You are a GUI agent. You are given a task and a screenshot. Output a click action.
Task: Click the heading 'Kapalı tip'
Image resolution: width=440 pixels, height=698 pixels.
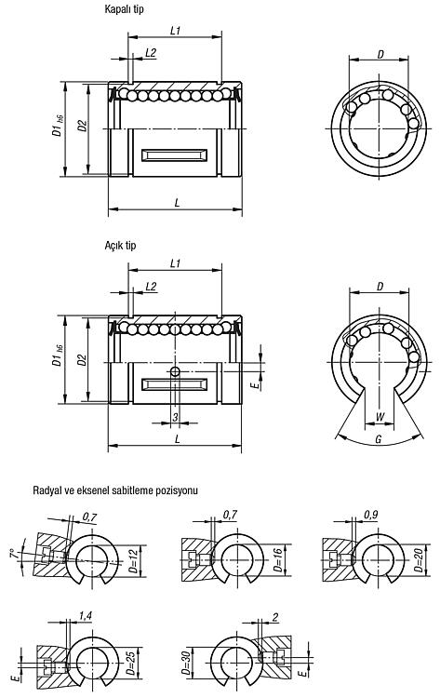tap(124, 9)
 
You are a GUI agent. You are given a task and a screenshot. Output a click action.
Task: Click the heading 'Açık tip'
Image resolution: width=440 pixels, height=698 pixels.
tap(120, 246)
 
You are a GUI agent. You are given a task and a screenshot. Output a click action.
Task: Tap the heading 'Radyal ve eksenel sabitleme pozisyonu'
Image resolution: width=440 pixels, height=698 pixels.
tap(115, 490)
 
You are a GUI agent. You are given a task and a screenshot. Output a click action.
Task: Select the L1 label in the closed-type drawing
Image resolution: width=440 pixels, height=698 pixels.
tap(175, 31)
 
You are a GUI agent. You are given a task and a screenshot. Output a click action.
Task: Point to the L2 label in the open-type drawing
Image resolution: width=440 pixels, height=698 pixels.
tap(152, 286)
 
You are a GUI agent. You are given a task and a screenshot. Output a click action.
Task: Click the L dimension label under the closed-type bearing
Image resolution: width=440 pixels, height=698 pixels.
tap(177, 203)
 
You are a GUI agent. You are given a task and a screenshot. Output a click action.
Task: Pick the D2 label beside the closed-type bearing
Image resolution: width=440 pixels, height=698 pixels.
tap(82, 126)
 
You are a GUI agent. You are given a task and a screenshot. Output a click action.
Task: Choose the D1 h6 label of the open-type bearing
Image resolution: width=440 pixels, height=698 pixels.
tap(58, 356)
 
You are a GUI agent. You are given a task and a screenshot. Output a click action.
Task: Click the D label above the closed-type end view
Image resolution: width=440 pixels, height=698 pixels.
tap(380, 54)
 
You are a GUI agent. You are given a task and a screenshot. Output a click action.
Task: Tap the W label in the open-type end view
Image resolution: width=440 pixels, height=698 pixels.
tap(380, 417)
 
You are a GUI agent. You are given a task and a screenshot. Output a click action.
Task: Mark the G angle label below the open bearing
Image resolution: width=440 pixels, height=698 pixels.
tap(379, 439)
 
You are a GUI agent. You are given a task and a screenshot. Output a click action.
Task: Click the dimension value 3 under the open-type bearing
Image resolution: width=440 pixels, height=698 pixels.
tap(175, 417)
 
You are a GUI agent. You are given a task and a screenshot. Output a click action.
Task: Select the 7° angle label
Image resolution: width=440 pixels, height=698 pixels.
tap(15, 555)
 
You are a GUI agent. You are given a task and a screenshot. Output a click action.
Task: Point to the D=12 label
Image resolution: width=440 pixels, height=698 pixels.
tap(133, 561)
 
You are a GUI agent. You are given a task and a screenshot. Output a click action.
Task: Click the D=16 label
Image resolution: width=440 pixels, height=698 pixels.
tap(277, 560)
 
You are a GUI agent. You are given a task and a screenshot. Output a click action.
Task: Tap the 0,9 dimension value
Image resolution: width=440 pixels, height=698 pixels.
tap(370, 515)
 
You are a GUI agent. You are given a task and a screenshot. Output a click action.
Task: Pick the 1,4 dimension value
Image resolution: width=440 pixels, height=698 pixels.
tap(85, 616)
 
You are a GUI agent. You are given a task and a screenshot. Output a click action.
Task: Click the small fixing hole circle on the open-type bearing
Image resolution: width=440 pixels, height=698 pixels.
tap(175, 371)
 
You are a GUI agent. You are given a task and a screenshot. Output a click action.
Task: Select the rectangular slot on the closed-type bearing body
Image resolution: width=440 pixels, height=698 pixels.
tap(174, 155)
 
